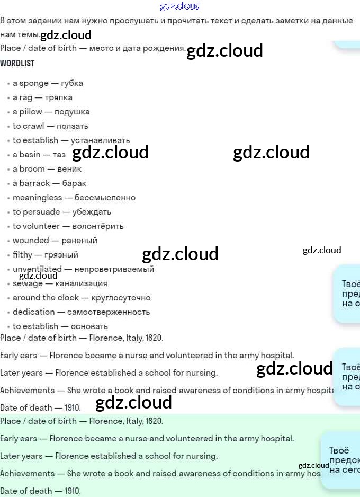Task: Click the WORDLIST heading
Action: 17,63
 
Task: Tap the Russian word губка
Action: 72,83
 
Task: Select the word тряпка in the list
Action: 59,97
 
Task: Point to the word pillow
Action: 31,112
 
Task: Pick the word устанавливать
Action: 100,140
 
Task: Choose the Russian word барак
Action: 74,183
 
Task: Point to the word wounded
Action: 31,241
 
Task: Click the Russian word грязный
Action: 61,255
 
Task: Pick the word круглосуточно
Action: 121,298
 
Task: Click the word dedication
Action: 34,312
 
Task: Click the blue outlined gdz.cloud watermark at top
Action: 180,6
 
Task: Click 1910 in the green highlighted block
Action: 72,491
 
